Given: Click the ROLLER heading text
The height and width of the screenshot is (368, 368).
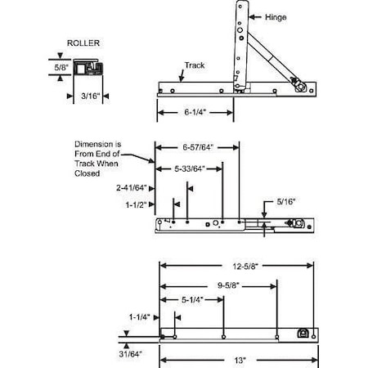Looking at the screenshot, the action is tap(83, 43).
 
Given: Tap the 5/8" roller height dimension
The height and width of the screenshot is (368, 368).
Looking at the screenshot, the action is tap(61, 67).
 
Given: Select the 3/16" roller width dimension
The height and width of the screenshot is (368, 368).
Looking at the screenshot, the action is tap(91, 96).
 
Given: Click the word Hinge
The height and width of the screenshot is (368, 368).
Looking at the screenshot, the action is tap(276, 17).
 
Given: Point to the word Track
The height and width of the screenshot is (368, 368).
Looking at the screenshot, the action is tap(195, 65).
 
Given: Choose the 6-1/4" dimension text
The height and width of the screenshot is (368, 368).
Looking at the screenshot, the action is tap(195, 112).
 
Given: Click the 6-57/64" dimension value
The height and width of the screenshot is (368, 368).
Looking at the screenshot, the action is tap(197, 147).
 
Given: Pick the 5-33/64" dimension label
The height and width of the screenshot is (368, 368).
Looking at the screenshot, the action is tap(190, 169).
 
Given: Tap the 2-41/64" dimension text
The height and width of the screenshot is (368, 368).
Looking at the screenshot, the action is tap(132, 188).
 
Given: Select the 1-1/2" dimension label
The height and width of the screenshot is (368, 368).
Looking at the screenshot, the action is tap(136, 204).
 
